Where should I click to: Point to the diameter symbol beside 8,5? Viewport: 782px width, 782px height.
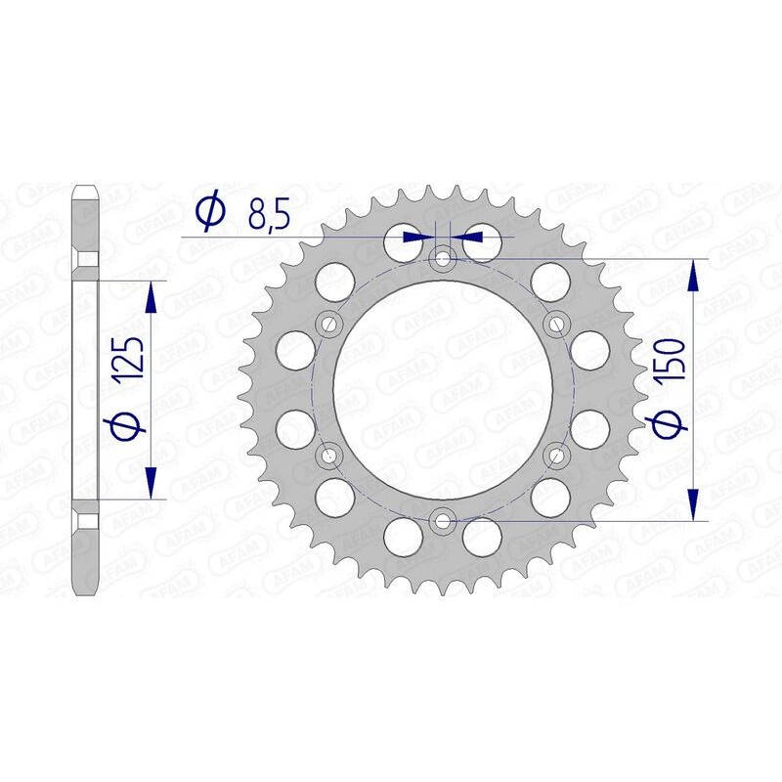(211, 213)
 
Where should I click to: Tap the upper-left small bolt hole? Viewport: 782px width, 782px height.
(328, 323)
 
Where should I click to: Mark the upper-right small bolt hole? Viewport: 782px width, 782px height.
(556, 323)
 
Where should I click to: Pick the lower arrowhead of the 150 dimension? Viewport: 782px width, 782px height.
(693, 504)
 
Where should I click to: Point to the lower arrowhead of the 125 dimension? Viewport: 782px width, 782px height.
(151, 483)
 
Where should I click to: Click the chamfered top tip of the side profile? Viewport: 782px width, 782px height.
(86, 189)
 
